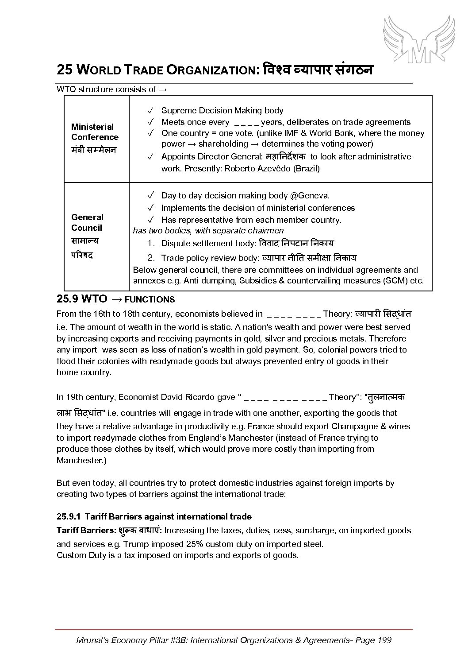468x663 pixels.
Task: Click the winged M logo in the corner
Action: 418,39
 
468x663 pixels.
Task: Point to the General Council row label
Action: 87,222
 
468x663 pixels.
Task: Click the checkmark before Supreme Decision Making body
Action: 150,110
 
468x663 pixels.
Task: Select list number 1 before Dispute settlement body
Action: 151,243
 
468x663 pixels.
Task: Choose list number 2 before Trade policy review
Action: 151,258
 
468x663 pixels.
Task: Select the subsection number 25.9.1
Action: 68,516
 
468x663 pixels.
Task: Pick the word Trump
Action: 135,543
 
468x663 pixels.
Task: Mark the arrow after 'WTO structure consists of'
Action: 162,89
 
